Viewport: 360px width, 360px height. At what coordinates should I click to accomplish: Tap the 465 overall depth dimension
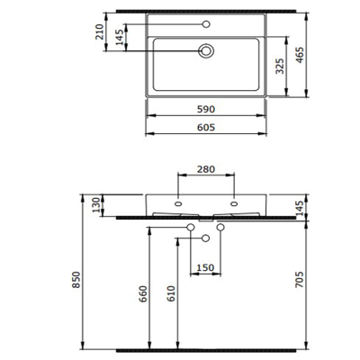(x=310, y=57)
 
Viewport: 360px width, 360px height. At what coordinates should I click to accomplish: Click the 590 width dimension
(x=207, y=108)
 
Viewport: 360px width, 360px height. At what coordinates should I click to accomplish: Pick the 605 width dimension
(x=207, y=129)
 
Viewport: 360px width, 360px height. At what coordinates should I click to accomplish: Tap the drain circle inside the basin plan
(x=207, y=51)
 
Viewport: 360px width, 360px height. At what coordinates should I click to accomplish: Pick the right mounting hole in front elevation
(x=235, y=204)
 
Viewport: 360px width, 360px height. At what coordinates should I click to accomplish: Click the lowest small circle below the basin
(x=207, y=238)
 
